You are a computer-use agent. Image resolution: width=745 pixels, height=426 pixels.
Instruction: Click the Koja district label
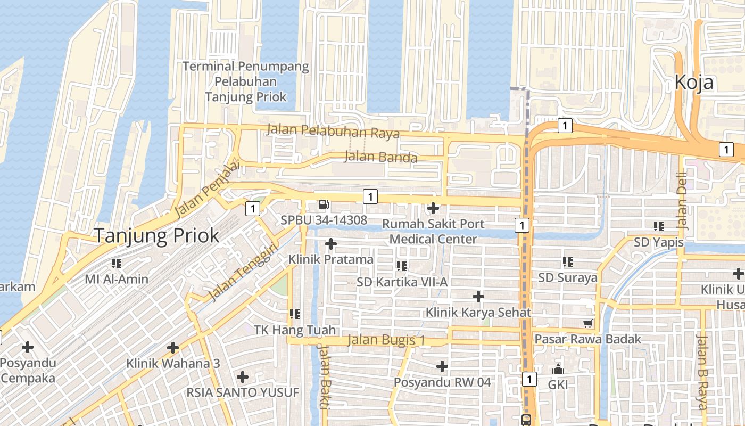click(693, 83)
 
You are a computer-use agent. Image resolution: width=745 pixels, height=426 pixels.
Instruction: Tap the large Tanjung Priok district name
click(156, 235)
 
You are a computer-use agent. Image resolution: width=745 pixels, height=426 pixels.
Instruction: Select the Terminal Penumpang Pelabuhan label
click(246, 81)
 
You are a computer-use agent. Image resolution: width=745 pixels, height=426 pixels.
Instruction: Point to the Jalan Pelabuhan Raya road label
click(333, 130)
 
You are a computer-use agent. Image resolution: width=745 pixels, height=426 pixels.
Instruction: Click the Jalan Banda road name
click(380, 157)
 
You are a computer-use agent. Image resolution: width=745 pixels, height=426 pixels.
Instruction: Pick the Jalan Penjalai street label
click(207, 189)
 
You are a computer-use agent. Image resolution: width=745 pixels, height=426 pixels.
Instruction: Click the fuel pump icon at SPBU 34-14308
click(324, 204)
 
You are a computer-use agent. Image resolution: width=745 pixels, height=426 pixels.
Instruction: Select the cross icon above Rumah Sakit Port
click(433, 208)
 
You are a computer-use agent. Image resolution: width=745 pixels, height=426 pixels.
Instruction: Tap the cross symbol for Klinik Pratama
click(331, 244)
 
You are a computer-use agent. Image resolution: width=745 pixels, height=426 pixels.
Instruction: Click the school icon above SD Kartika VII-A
click(402, 266)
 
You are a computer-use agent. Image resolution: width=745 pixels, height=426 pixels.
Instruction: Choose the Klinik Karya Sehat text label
click(478, 312)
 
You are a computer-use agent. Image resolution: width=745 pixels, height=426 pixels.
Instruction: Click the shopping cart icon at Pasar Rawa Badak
click(587, 324)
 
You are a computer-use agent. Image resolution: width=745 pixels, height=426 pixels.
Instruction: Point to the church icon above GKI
click(558, 368)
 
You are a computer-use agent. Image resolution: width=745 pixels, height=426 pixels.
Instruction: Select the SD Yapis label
click(658, 242)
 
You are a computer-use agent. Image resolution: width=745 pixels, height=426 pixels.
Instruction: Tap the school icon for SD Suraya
click(568, 262)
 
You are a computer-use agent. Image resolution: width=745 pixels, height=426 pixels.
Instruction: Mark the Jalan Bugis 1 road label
click(386, 340)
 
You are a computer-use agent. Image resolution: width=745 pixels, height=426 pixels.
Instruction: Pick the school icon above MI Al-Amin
click(117, 263)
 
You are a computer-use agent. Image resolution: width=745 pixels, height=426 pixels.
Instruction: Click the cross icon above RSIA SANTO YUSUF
click(243, 377)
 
